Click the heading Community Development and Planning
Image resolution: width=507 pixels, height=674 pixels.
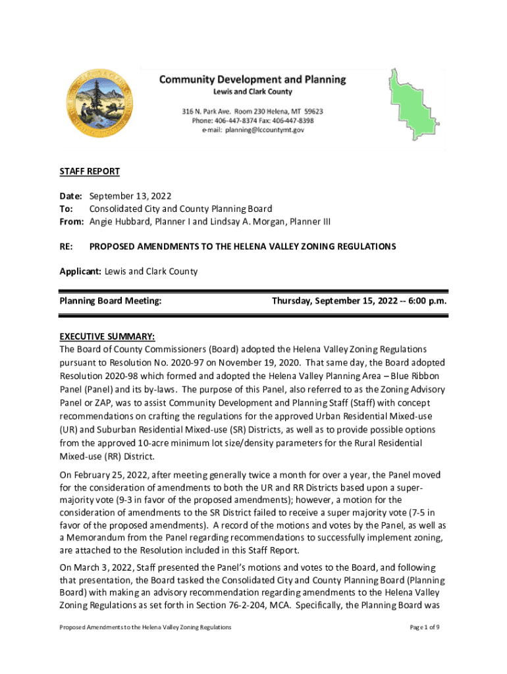tap(252, 80)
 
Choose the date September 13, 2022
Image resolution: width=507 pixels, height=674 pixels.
tap(130, 196)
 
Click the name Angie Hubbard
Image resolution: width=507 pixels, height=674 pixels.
tap(119, 221)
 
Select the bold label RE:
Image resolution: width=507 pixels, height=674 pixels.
tap(67, 246)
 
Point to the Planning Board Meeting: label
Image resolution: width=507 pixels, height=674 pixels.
tap(111, 301)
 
